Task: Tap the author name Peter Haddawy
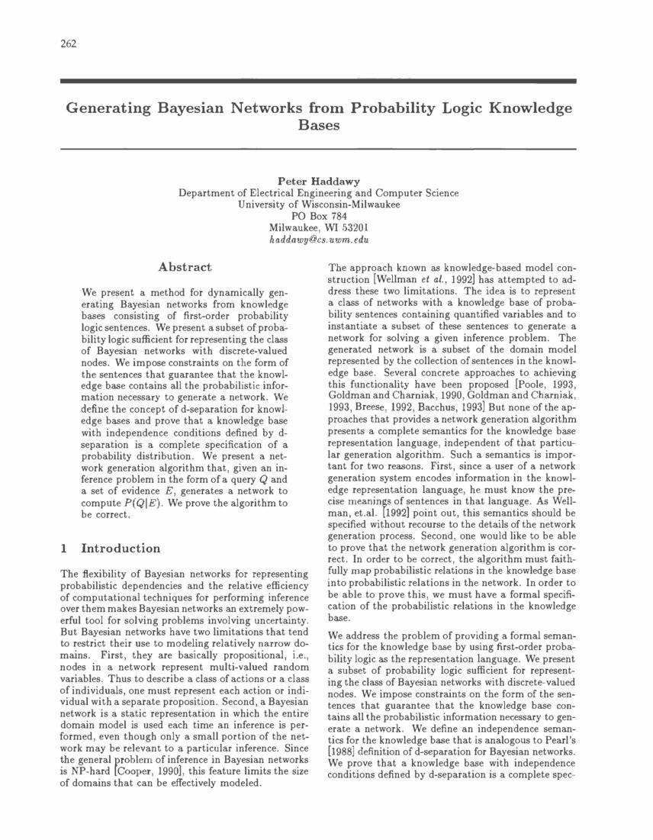(318, 182)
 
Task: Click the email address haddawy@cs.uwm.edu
(318, 239)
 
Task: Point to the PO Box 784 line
(318, 216)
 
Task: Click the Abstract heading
(184, 267)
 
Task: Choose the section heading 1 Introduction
(110, 549)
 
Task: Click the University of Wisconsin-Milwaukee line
(318, 204)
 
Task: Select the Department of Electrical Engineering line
(318, 193)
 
